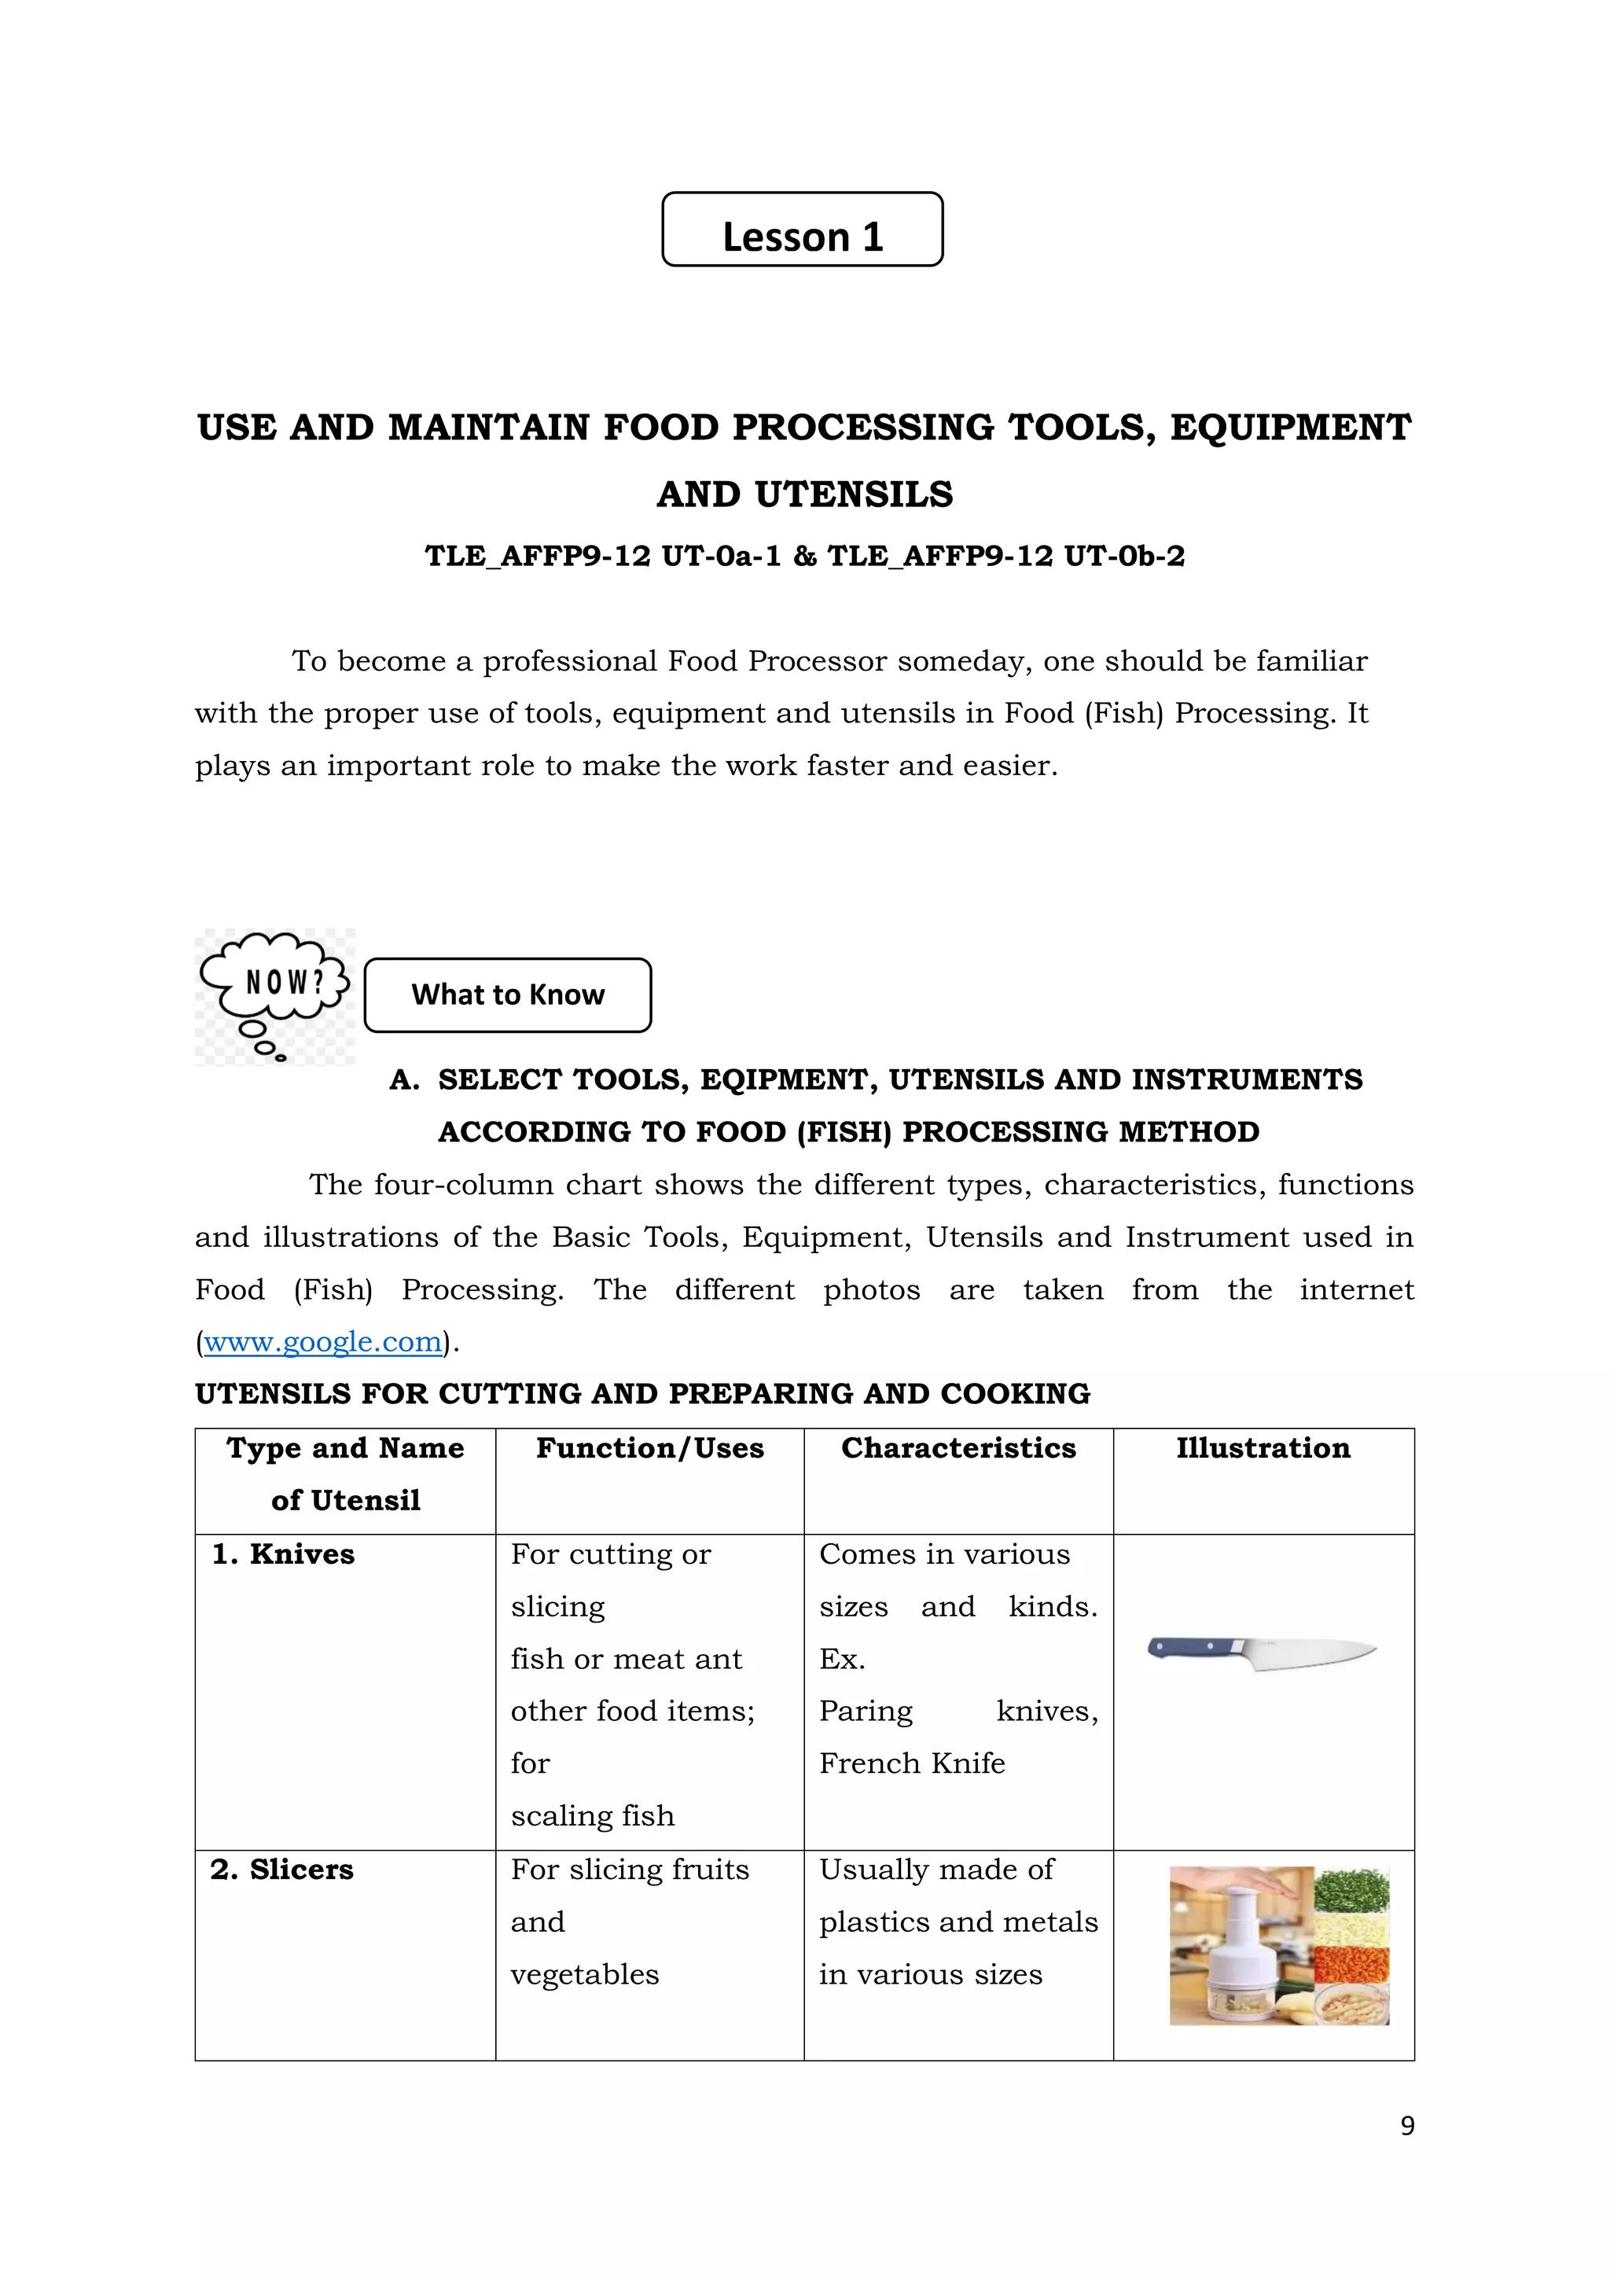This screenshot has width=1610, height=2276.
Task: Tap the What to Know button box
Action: (508, 995)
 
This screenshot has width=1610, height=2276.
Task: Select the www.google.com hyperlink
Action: (322, 1341)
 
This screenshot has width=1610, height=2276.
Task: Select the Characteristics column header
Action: (958, 1448)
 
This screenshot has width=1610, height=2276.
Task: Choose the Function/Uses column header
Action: (649, 1448)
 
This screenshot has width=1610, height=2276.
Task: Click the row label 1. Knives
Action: (284, 1554)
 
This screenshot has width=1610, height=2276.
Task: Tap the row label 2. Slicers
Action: (282, 1870)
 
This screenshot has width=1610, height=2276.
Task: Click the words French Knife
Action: (911, 1763)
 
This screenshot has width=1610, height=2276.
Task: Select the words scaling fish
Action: (592, 1816)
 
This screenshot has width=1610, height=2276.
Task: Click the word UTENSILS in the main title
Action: (854, 494)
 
